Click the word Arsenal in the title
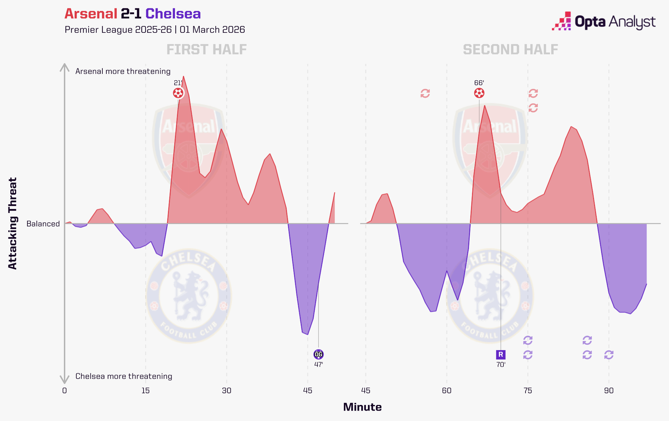point(91,14)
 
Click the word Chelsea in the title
point(173,14)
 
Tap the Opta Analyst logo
point(603,22)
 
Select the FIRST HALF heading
point(206,50)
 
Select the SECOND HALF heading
point(510,50)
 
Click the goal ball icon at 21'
point(178,93)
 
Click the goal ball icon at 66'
point(479,93)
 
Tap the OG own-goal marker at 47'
point(318,354)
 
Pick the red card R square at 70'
point(500,354)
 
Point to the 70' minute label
point(500,364)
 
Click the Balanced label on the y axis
point(43,224)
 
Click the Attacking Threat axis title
point(12,223)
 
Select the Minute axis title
point(362,407)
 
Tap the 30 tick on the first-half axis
point(226,391)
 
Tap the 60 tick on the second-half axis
point(447,391)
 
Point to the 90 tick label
point(609,391)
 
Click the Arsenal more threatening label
point(123,71)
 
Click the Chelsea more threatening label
point(124,376)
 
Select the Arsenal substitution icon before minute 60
point(425,93)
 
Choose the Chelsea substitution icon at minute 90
point(609,355)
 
